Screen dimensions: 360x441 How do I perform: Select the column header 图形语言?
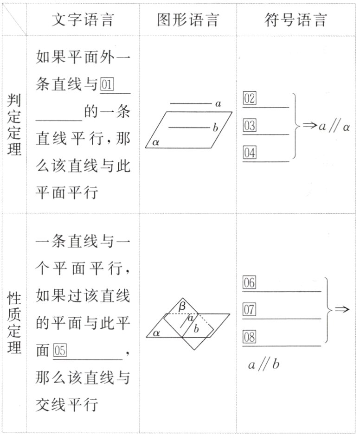[x=187, y=19]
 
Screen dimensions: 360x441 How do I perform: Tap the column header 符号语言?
[x=296, y=19]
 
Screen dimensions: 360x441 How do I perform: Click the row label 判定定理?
[x=14, y=126]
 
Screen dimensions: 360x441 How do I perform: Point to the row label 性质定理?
[x=14, y=323]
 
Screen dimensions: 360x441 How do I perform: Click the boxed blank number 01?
[x=107, y=85]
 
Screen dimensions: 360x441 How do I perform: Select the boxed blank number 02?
[x=250, y=99]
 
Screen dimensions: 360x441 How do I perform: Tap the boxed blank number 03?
[x=250, y=126]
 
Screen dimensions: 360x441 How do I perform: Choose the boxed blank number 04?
[x=250, y=153]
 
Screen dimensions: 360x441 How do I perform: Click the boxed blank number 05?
[x=60, y=351]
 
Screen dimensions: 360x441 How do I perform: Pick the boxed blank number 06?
[x=249, y=283]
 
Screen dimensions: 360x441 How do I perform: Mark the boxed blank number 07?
[x=249, y=310]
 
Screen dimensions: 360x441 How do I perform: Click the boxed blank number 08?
[x=249, y=337]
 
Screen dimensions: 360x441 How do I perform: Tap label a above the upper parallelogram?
[x=218, y=103]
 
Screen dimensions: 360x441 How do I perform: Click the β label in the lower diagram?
[x=182, y=306]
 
